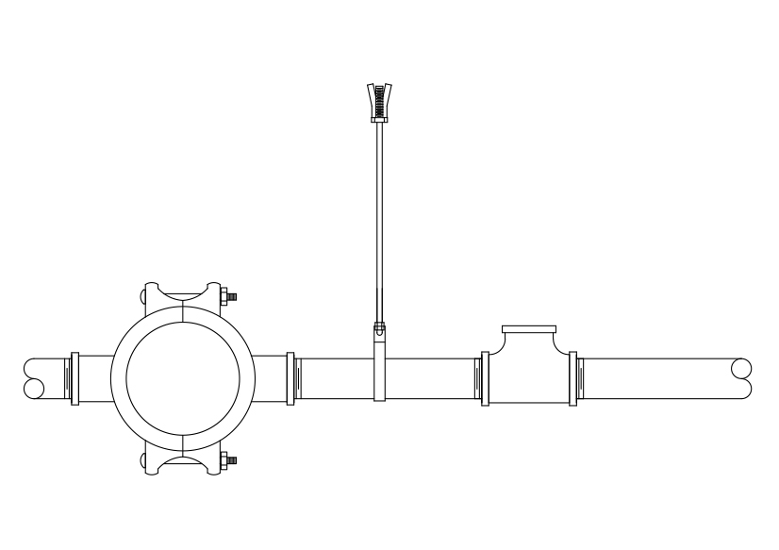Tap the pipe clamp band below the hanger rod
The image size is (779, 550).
(x=379, y=363)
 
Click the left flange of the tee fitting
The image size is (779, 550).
(x=485, y=378)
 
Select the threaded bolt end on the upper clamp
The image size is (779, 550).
(x=231, y=297)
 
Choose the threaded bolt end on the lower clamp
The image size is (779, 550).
(x=231, y=461)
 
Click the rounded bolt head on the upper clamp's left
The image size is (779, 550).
(x=141, y=297)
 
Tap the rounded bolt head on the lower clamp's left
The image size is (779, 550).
(x=141, y=461)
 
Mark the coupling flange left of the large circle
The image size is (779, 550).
(x=75, y=378)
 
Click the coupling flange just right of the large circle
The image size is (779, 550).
(x=290, y=378)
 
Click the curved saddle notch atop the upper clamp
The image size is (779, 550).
(x=183, y=290)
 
